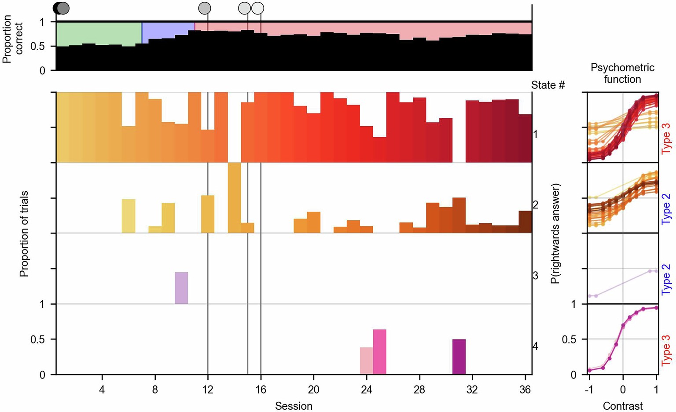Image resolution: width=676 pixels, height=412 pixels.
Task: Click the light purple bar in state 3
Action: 181,288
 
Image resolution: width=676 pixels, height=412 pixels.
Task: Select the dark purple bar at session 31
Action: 459,357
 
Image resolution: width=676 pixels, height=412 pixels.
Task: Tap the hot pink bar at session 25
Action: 379,352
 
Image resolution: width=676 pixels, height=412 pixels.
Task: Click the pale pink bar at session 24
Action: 366,361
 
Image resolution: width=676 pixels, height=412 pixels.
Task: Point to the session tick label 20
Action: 313,390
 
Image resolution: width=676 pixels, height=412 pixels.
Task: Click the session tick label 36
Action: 525,390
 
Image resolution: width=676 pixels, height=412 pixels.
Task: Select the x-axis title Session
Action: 294,406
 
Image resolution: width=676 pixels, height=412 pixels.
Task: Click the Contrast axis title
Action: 622,406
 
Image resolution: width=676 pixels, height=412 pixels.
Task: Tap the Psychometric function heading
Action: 622,73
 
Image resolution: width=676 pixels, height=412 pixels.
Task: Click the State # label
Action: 547,85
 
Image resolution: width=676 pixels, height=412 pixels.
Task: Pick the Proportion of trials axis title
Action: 24,233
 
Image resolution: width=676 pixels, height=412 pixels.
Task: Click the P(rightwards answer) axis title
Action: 557,233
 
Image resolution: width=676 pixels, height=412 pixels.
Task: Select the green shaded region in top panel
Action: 99,33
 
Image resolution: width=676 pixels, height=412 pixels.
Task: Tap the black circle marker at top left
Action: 57,8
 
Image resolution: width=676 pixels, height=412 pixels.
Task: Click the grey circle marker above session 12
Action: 205,8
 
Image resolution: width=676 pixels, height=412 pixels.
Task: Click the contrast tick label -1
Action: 588,390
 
